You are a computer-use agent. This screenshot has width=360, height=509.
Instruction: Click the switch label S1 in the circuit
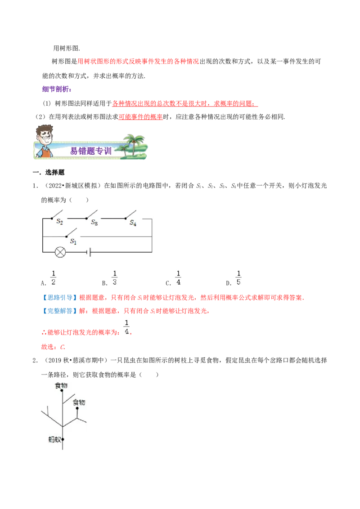point(73,241)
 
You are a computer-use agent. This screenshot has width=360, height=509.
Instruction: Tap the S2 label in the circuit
point(59,221)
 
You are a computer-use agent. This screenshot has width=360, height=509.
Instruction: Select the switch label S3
point(94,222)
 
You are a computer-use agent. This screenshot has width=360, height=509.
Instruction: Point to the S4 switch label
point(133,223)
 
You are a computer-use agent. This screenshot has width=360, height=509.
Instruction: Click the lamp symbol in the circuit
point(60,252)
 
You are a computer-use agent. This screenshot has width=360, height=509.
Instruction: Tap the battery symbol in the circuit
point(90,252)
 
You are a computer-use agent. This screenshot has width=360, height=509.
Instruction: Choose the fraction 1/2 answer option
point(53,277)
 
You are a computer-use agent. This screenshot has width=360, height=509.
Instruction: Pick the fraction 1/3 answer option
point(114,277)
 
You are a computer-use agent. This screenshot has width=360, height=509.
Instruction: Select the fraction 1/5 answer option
point(239,277)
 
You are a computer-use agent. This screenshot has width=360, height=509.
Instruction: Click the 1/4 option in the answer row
point(178,277)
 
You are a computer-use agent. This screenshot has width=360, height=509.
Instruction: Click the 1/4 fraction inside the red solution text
point(126,327)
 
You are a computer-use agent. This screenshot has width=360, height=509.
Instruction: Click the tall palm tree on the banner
point(134,144)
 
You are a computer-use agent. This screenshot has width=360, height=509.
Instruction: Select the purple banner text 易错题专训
point(90,151)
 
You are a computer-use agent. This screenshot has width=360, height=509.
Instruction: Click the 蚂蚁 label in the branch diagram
point(54,439)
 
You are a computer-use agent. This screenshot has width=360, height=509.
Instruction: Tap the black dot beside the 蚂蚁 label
point(63,439)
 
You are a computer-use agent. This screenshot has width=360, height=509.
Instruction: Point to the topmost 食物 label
point(61,385)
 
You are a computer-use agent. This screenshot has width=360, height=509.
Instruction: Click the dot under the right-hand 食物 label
point(78,409)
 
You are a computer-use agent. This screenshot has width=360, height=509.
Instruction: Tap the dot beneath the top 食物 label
point(62,392)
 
